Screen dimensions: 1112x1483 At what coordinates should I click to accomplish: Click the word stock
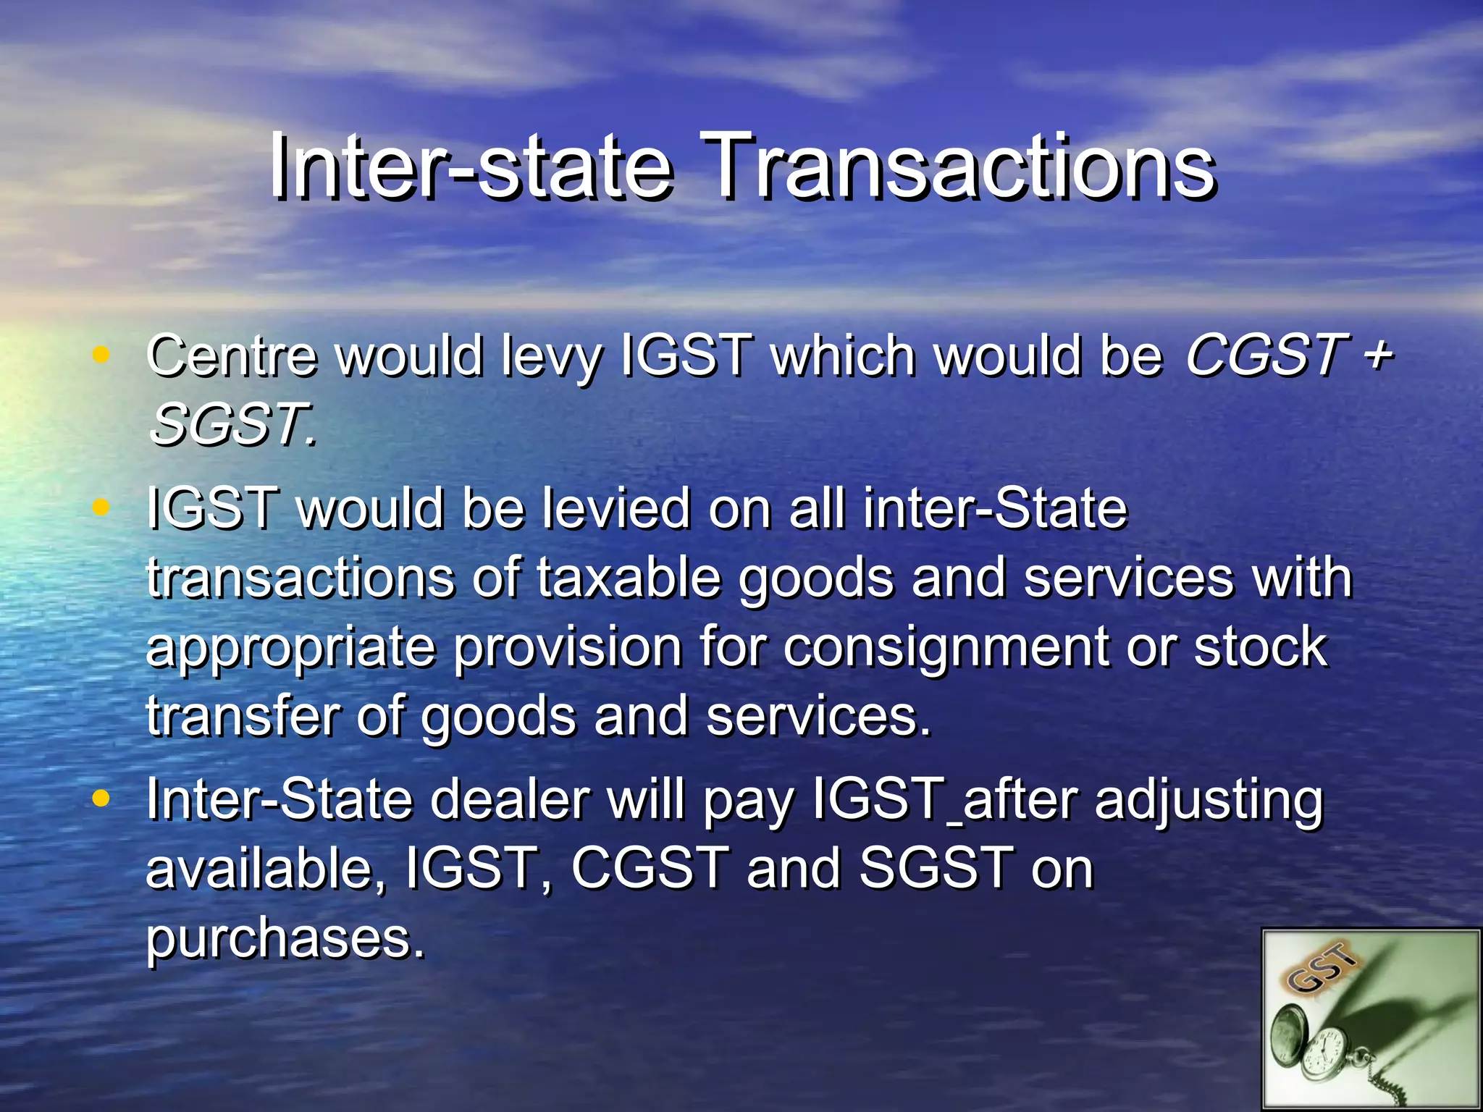click(1261, 646)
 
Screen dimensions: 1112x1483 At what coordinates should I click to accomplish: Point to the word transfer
click(242, 716)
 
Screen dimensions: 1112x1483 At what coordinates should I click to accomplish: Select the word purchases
click(285, 939)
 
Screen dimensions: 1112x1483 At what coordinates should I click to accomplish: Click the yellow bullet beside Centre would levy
click(101, 355)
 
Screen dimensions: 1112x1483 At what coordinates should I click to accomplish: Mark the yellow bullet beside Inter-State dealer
click(101, 799)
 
